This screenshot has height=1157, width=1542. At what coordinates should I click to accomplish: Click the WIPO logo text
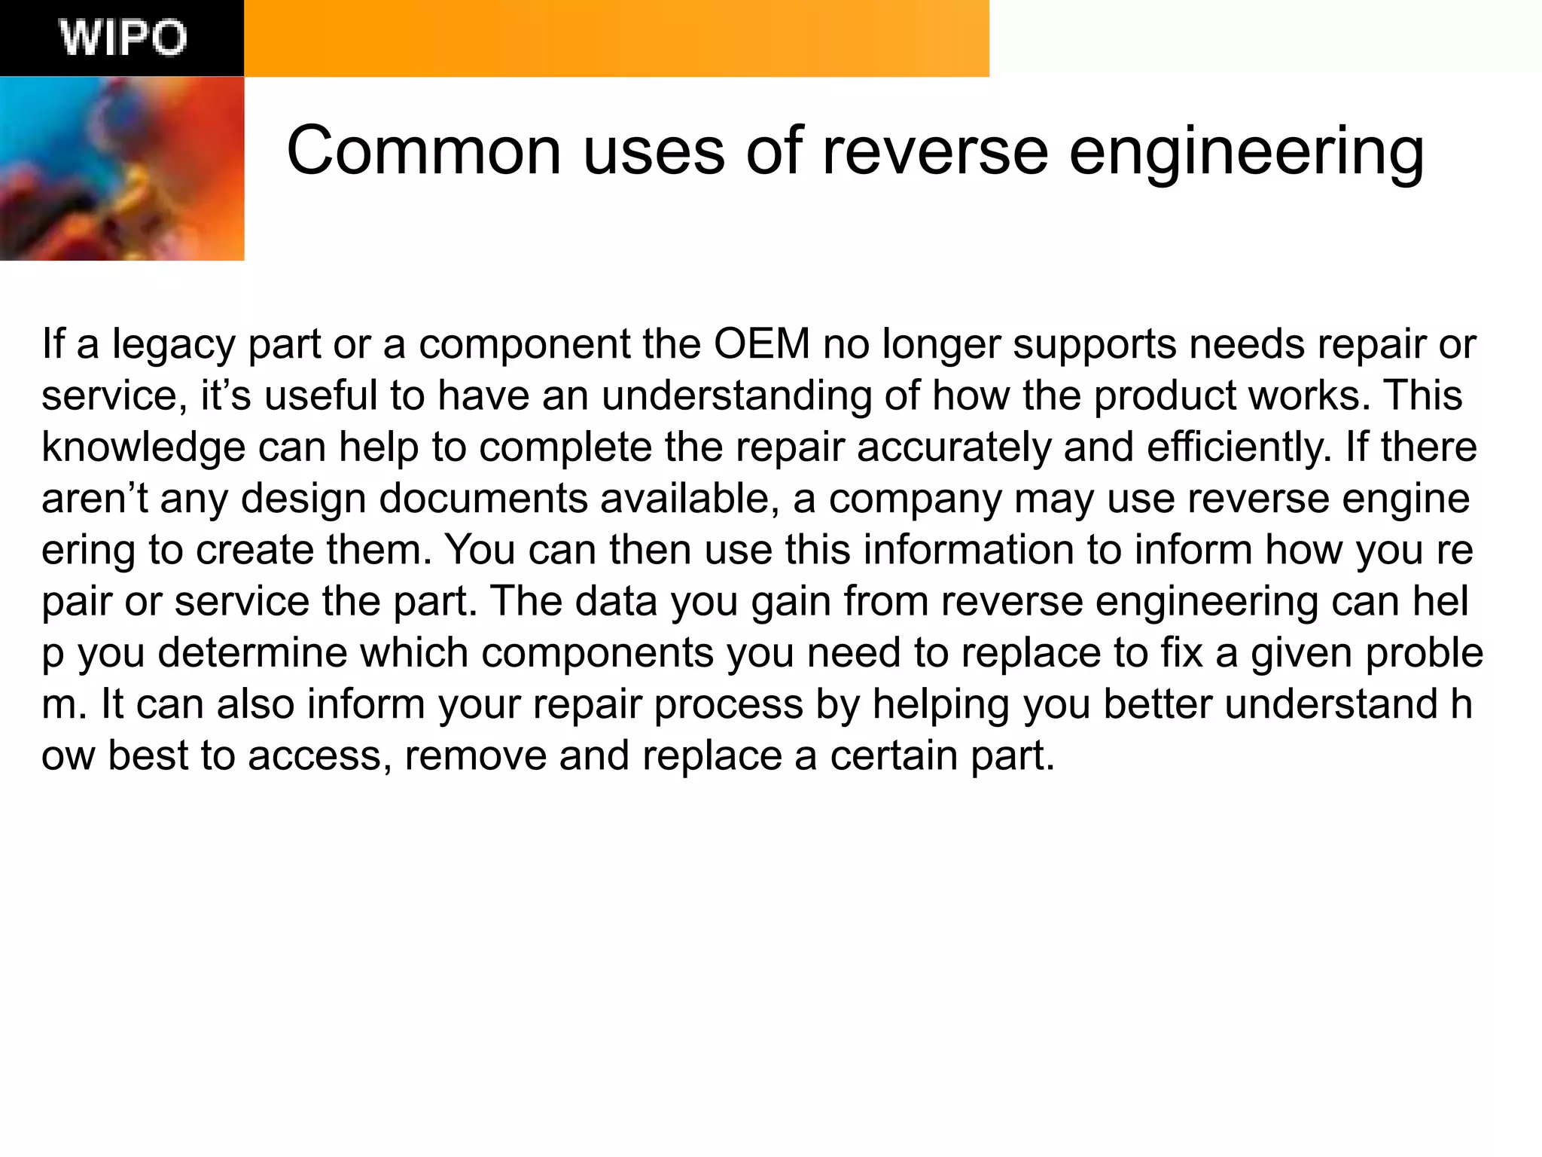tap(123, 38)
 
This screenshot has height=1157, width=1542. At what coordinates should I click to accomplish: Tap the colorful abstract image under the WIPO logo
tap(122, 169)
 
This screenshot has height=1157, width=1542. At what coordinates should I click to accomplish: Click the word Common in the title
tap(424, 151)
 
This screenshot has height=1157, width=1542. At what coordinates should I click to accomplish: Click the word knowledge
tap(143, 447)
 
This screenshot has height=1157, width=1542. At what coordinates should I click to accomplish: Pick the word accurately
tap(954, 447)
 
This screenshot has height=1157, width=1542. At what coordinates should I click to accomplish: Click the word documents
tap(483, 499)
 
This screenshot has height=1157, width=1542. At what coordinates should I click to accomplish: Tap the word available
tap(690, 499)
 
